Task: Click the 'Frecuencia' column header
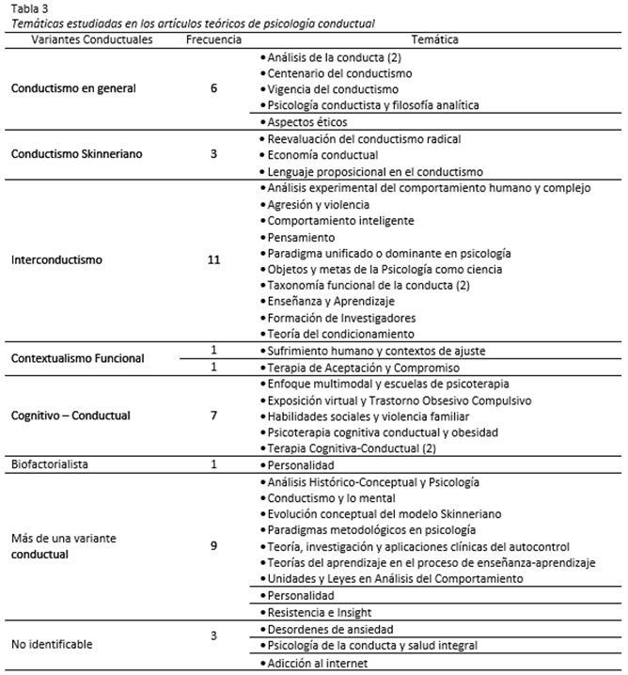click(214, 41)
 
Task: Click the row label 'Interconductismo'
click(56, 260)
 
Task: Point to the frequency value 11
click(214, 260)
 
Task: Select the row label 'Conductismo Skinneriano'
click(76, 155)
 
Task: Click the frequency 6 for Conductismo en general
click(214, 89)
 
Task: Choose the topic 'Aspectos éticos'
click(306, 122)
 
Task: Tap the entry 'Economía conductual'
click(322, 155)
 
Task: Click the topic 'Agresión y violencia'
click(318, 204)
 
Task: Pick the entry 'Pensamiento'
click(298, 237)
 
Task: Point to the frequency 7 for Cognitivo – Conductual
click(214, 415)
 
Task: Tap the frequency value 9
click(214, 545)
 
